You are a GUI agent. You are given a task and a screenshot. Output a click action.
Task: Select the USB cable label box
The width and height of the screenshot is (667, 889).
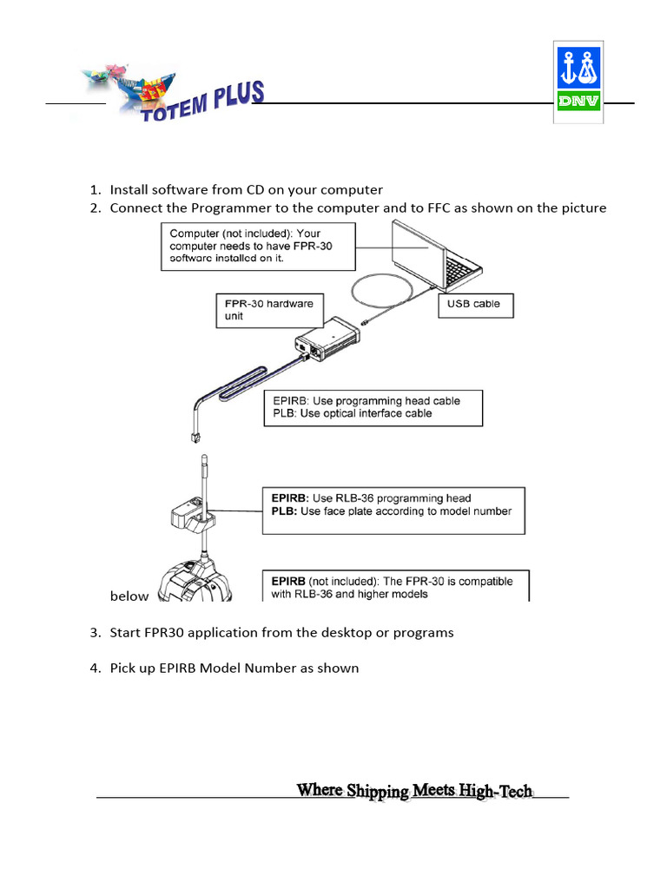(479, 305)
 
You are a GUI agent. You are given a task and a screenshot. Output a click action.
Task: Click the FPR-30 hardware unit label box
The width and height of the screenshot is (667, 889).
(268, 310)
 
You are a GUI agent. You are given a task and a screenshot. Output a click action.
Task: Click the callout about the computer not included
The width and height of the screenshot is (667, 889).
(259, 247)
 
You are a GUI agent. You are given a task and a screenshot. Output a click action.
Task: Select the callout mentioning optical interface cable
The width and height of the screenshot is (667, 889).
(373, 407)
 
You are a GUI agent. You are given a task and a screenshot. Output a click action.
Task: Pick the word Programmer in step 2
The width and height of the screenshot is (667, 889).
(228, 207)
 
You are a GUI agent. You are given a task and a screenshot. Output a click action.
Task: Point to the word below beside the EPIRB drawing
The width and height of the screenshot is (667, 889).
(129, 596)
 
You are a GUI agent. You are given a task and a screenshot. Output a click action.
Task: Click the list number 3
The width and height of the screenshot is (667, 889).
(95, 632)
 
